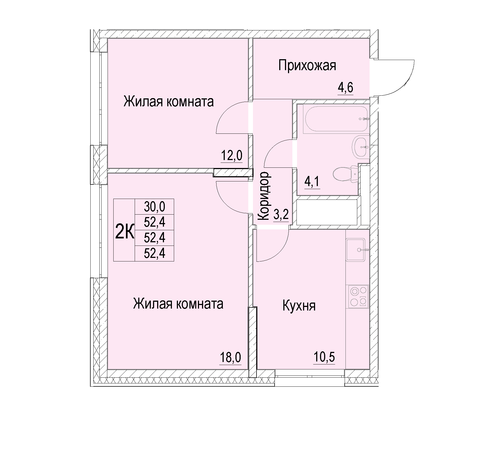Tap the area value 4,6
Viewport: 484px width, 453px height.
345,88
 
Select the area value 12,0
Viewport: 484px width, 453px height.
231,156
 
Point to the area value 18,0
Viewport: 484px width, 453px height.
230,358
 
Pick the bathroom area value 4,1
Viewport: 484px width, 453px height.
312,181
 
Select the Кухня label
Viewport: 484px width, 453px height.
299,306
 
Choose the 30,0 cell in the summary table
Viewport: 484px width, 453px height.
155,206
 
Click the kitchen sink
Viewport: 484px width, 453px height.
356,249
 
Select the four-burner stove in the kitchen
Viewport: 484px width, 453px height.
358,296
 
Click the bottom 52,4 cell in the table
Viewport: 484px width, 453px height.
155,253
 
